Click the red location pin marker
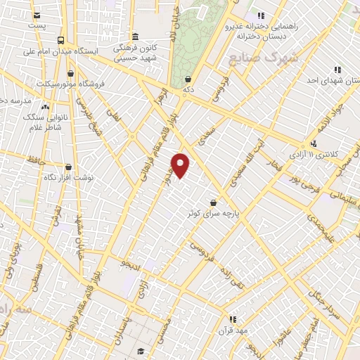tap(181, 165)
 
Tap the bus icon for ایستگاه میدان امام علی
tap(61, 40)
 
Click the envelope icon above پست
tap(37, 15)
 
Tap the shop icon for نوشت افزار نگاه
tap(68, 167)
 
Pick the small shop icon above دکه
tap(188, 79)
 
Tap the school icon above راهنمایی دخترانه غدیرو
tap(261, 15)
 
